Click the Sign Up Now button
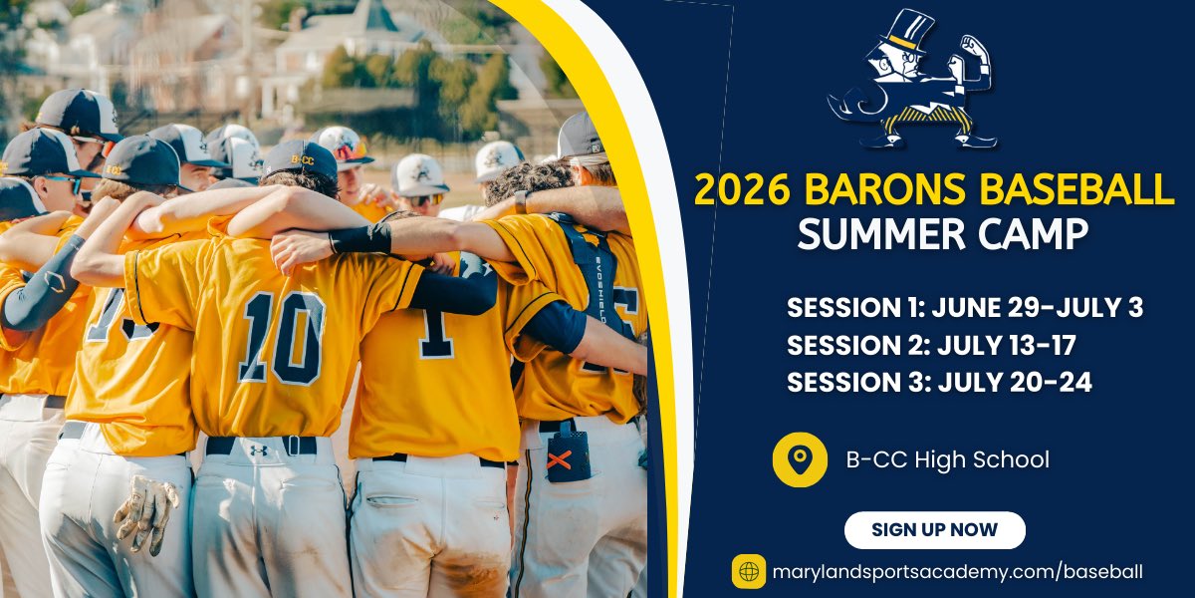pos(934,530)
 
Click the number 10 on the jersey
pos(281,336)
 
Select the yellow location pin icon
pos(799,459)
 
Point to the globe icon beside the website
pos(749,572)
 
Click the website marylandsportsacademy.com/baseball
pos(957,572)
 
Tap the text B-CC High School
pos(947,459)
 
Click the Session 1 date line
pos(964,308)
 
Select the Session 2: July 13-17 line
pos(931,345)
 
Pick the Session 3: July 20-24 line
pos(939,382)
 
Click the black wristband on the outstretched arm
pos(360,239)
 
